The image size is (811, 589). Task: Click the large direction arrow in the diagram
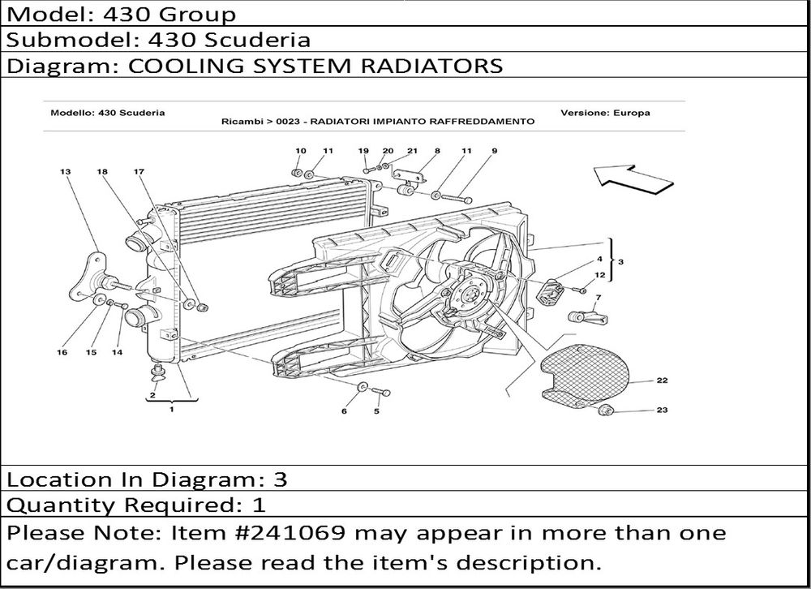pos(633,178)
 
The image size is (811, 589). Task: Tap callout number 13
pos(65,172)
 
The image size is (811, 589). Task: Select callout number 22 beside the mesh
pos(662,380)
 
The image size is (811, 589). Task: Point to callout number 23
pos(662,410)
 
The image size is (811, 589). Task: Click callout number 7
pos(599,298)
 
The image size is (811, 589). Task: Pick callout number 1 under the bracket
pos(171,409)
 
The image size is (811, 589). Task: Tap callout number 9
pos(495,151)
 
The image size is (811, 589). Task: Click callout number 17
pos(139,172)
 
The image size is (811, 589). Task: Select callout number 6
pos(344,411)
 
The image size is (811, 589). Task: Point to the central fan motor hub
pos(470,295)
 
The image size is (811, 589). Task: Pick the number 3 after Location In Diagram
pos(280,479)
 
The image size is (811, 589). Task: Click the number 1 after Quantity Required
pos(259,505)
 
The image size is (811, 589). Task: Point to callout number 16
pos(62,352)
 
